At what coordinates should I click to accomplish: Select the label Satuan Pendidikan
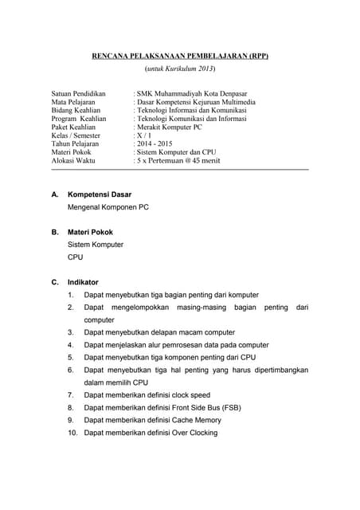pyautogui.click(x=78, y=93)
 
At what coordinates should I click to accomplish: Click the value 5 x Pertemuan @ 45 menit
pyautogui.click(x=178, y=161)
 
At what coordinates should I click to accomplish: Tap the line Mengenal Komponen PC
pyautogui.click(x=108, y=207)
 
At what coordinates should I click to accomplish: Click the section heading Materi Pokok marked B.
pyautogui.click(x=90, y=232)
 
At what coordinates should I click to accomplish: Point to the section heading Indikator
pyautogui.click(x=84, y=282)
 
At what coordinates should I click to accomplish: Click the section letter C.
pyautogui.click(x=55, y=282)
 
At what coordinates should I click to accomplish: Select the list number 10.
pyautogui.click(x=72, y=433)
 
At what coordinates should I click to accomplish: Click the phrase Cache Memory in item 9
pyautogui.click(x=196, y=420)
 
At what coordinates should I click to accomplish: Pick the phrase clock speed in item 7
pyautogui.click(x=191, y=395)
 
